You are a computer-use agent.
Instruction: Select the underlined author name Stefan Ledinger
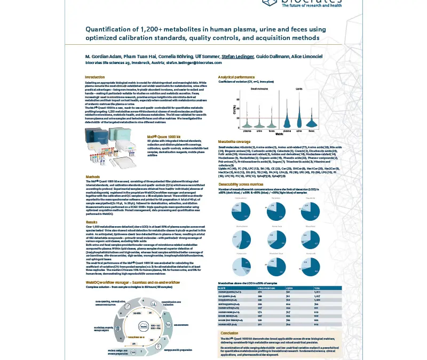click(237, 56)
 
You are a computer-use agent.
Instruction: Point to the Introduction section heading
click(95, 77)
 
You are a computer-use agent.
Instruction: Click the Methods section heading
click(93, 177)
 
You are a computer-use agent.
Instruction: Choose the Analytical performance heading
click(236, 77)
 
